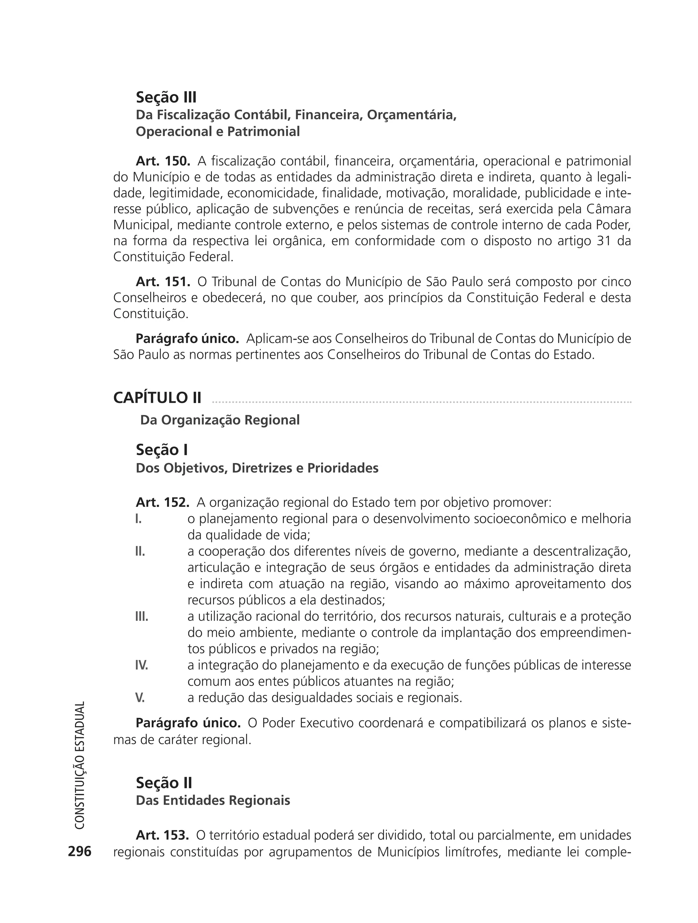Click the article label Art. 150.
click(163, 161)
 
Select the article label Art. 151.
click(163, 282)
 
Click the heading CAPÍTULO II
click(157, 398)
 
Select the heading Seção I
click(162, 450)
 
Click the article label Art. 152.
click(162, 503)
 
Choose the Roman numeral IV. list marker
click(141, 665)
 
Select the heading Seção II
click(164, 783)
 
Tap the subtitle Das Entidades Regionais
click(213, 801)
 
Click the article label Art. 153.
click(162, 835)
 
